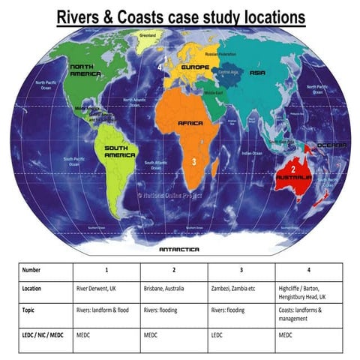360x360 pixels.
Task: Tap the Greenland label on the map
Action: point(148,35)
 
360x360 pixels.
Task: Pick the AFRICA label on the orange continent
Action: point(191,122)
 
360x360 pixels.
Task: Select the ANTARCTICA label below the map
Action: point(179,249)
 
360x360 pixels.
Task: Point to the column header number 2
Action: point(173,268)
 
